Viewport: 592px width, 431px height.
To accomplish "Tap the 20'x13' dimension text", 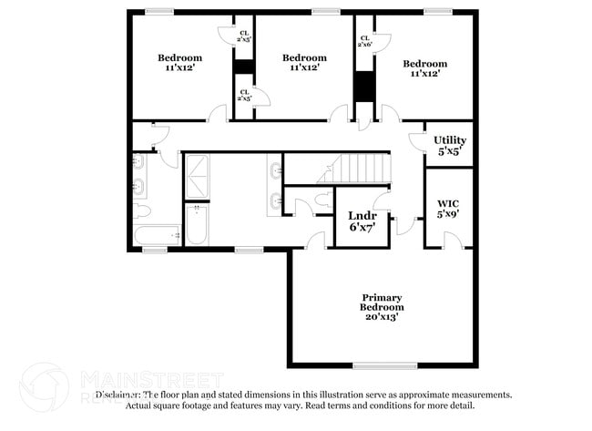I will (x=382, y=318).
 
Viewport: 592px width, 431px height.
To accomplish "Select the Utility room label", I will (x=449, y=139).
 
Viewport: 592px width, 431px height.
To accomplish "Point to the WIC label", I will (x=448, y=202).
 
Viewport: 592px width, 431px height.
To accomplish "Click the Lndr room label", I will (x=361, y=215).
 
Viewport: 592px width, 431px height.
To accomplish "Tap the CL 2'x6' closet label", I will (x=364, y=40).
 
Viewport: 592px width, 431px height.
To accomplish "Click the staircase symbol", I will (x=361, y=169).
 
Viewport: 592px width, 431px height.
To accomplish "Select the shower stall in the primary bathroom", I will (x=197, y=177).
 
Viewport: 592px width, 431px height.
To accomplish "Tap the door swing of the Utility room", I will (x=416, y=141).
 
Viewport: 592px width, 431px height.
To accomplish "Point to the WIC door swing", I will (x=451, y=239).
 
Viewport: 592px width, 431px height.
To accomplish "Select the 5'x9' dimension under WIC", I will (x=448, y=214).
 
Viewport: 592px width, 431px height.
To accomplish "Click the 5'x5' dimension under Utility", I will (x=449, y=151).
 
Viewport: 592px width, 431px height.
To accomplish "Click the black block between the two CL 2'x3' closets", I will (x=243, y=67).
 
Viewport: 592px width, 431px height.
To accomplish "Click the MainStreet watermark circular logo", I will (x=45, y=386).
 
